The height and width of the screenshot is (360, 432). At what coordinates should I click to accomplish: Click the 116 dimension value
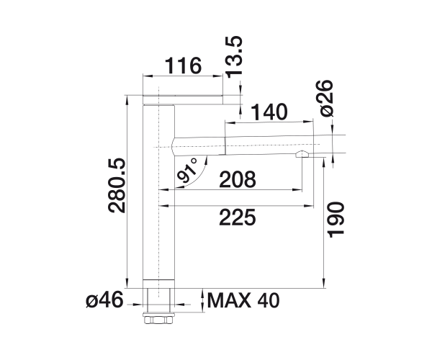tap(183, 66)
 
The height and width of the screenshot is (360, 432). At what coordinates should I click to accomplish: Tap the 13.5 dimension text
tap(234, 57)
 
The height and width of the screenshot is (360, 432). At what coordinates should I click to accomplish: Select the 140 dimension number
tap(269, 112)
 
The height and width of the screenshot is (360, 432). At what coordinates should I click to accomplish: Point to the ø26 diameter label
tap(325, 98)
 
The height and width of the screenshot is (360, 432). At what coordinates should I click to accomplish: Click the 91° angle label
tap(187, 171)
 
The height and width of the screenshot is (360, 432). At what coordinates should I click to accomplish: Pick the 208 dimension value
tap(238, 179)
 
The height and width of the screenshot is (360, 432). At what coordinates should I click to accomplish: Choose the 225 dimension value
tap(238, 217)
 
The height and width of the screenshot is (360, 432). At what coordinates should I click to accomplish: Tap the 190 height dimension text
tap(336, 220)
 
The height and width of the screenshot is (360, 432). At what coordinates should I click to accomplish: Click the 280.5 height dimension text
tap(117, 186)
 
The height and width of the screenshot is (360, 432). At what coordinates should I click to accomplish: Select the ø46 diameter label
tap(104, 300)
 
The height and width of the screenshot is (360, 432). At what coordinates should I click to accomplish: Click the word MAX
tap(229, 300)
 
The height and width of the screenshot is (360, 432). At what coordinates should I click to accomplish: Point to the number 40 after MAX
tap(269, 300)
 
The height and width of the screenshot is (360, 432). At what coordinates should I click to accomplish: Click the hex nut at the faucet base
tap(158, 320)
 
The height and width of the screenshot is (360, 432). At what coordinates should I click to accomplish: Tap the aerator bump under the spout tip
tap(302, 154)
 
